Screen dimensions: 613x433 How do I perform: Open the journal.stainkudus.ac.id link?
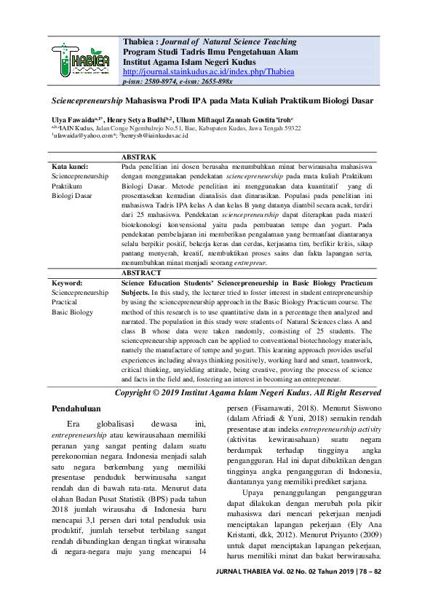[x=209, y=72]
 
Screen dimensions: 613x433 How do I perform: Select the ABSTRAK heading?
[x=138, y=157]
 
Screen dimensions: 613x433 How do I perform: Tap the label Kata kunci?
[x=70, y=167]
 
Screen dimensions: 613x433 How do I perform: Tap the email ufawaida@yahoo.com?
[x=82, y=135]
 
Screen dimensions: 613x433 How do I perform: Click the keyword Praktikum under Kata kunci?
[x=68, y=186]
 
